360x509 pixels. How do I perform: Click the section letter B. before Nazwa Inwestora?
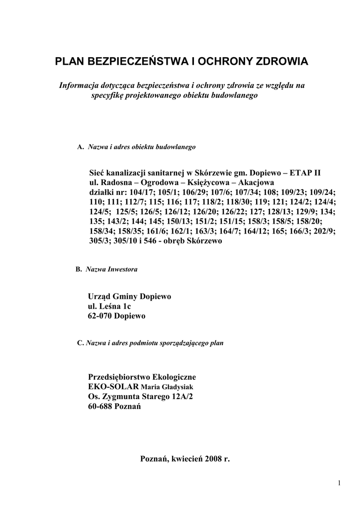(79, 269)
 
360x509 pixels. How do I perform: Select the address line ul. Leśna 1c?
(110, 306)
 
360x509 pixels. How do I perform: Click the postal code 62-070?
(100, 316)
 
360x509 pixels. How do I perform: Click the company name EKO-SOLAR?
(112, 387)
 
